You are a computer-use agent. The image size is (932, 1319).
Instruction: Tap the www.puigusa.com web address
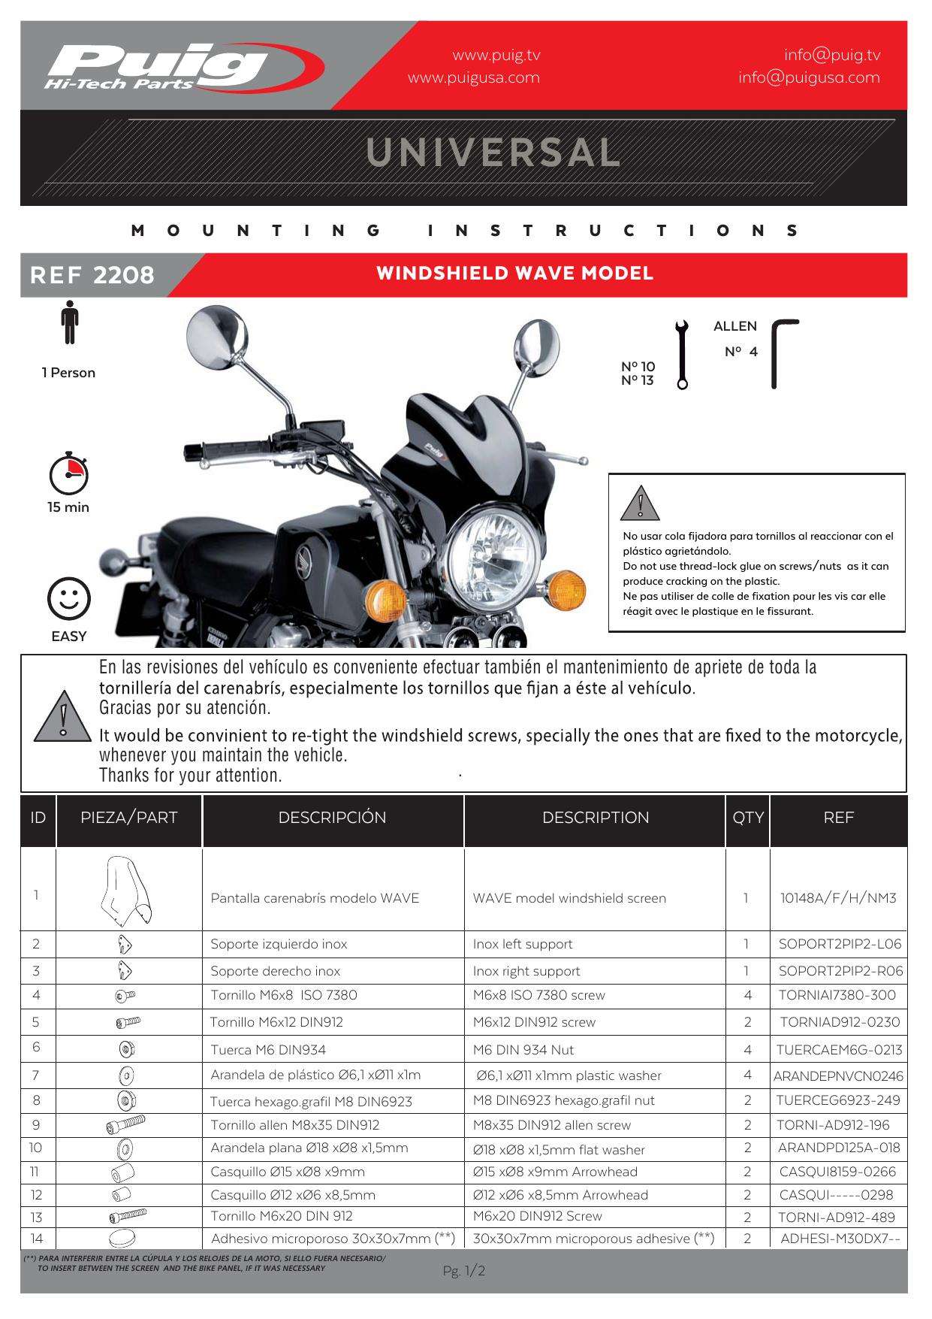tap(473, 77)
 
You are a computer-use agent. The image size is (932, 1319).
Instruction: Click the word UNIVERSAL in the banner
tap(493, 152)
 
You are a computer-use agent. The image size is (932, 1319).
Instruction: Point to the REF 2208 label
tap(92, 275)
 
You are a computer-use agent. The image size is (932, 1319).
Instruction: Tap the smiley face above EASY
tap(68, 599)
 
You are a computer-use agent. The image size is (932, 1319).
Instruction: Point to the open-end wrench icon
tap(681, 354)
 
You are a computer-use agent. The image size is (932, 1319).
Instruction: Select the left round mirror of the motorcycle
tap(216, 336)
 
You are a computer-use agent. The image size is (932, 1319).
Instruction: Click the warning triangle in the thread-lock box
tap(640, 504)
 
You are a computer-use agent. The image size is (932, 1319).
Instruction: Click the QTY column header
tap(747, 818)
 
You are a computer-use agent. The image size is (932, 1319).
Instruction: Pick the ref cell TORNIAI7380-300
tap(837, 995)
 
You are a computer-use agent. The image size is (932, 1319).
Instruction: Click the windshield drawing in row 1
tap(126, 891)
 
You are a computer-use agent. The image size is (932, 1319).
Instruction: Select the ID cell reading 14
tap(37, 1239)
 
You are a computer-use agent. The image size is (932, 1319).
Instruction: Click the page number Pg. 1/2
tap(464, 1272)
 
